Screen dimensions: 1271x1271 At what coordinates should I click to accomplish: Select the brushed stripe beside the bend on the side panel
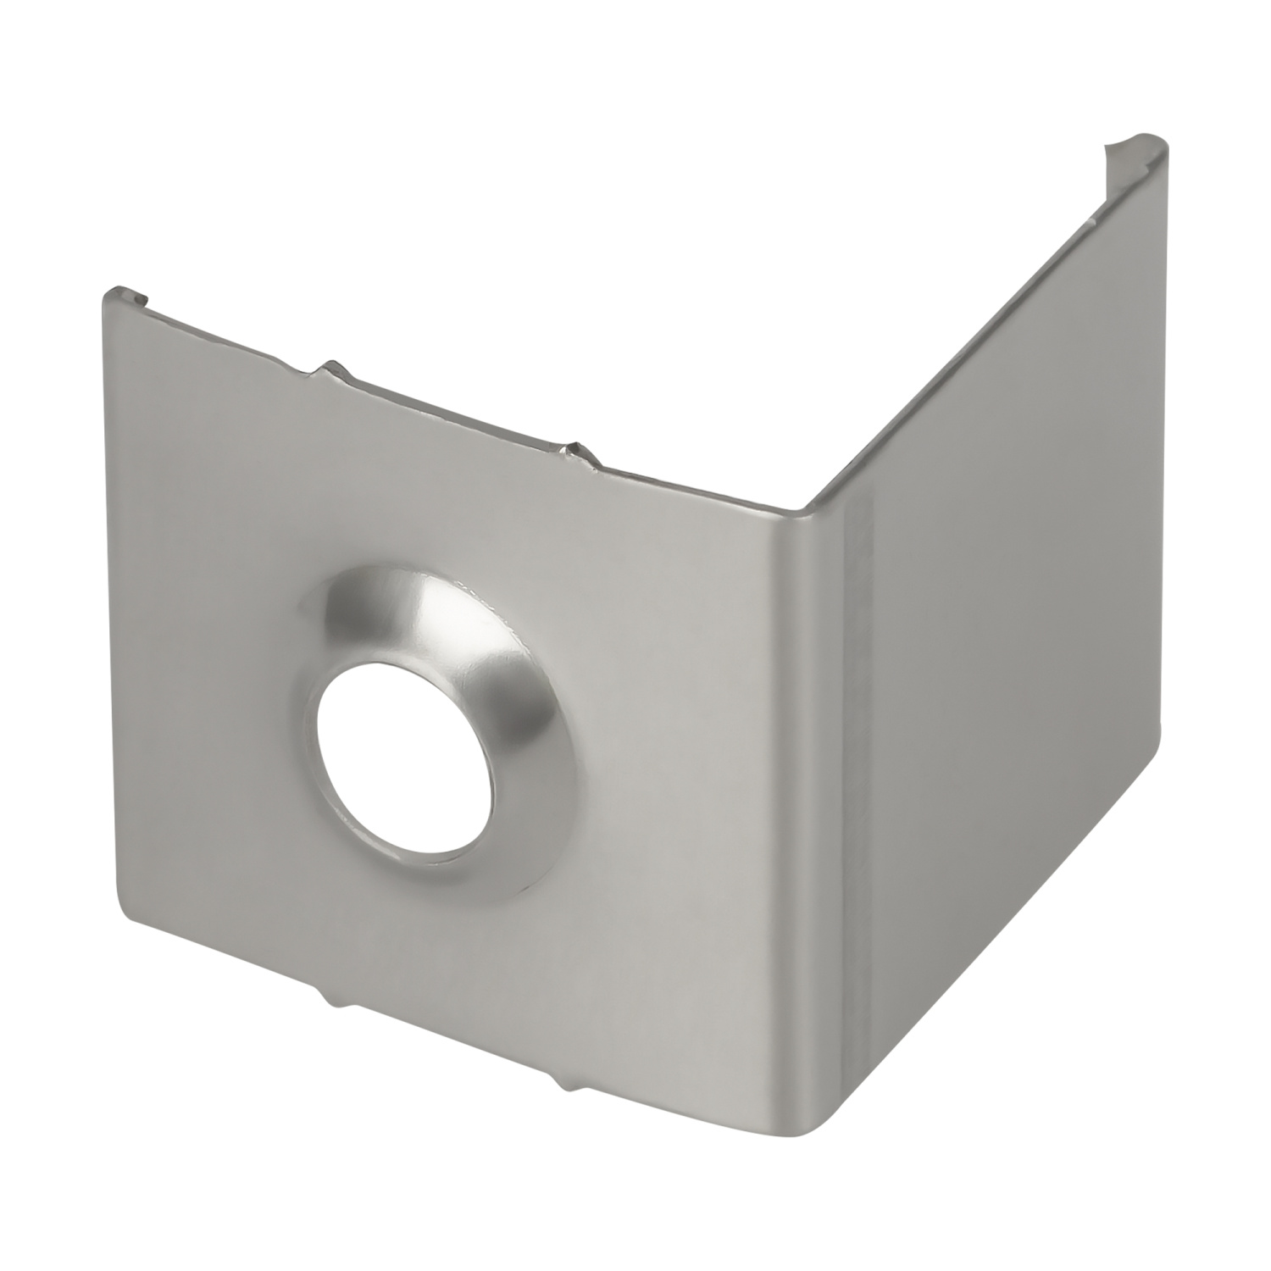click(x=860, y=805)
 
